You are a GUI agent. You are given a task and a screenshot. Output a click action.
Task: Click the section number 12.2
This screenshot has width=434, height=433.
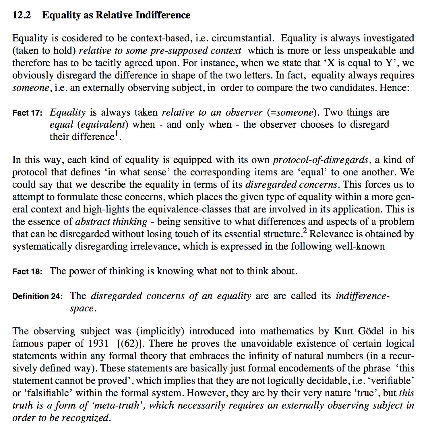pyautogui.click(x=22, y=15)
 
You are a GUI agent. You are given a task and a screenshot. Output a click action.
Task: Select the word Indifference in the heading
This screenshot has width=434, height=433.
pyautogui.click(x=163, y=15)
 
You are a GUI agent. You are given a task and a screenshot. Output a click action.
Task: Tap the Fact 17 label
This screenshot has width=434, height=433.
pyautogui.click(x=27, y=113)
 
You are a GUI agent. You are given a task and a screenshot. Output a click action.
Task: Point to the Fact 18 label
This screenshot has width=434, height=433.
pyautogui.click(x=27, y=271)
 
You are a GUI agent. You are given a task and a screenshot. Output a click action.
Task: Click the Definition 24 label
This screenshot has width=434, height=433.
pyautogui.click(x=37, y=296)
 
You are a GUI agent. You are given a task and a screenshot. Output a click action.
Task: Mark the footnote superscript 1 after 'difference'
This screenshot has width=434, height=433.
pyautogui.click(x=117, y=133)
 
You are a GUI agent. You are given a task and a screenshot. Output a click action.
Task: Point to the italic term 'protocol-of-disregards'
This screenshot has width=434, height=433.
pyautogui.click(x=321, y=160)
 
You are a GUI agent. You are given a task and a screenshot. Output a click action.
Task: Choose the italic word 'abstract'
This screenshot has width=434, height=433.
pyautogui.click(x=92, y=222)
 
